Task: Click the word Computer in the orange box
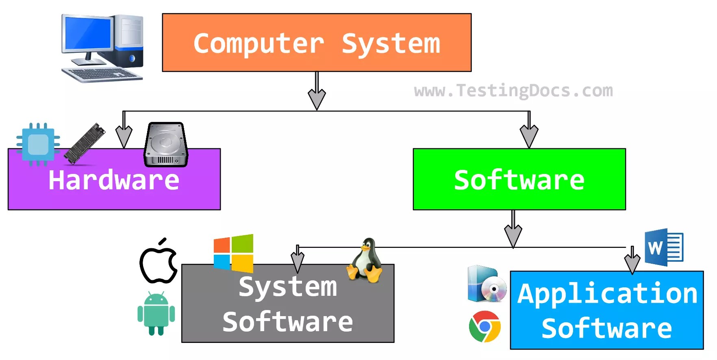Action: (x=259, y=43)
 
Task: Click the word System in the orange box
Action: (x=391, y=43)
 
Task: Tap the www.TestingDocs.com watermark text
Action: (x=513, y=90)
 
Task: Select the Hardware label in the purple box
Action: (x=114, y=180)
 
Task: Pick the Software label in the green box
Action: (x=519, y=180)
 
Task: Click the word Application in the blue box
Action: (x=607, y=293)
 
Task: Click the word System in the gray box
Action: (x=288, y=286)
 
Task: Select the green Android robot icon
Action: (x=156, y=313)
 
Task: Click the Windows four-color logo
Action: (x=234, y=253)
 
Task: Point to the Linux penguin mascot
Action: (x=365, y=261)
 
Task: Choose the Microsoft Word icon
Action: (x=663, y=247)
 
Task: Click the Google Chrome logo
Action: (x=485, y=326)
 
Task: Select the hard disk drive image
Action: (x=166, y=145)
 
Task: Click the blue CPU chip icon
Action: (x=38, y=144)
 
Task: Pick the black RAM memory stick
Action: (x=85, y=143)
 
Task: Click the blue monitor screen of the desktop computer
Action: (x=88, y=33)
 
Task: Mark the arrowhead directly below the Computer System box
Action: (x=317, y=99)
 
